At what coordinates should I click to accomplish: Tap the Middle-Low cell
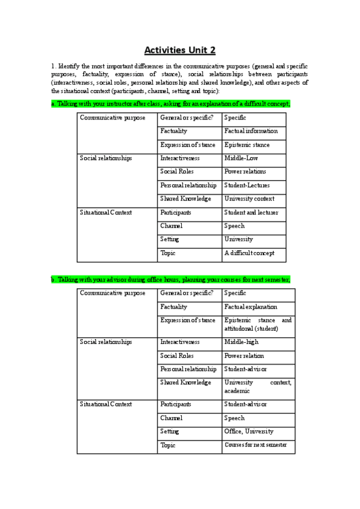point(241,158)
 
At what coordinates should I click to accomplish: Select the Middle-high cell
point(242,342)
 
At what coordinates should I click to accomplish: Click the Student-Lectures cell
point(247,185)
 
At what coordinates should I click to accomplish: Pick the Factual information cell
point(251,131)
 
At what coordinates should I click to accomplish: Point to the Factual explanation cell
point(251,307)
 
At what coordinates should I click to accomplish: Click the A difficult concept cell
point(249,253)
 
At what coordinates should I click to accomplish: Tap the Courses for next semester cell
point(256,445)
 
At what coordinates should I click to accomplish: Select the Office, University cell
point(249,432)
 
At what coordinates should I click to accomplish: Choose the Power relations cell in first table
point(247,172)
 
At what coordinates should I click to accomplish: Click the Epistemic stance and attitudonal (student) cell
point(257,325)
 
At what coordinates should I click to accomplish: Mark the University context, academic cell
point(257,386)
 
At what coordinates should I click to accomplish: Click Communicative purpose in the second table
point(113,294)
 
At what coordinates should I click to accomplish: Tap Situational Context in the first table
point(106,212)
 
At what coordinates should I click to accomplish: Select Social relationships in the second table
point(106,342)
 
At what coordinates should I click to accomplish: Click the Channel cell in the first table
point(172,226)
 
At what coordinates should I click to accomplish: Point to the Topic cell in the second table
point(168,445)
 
